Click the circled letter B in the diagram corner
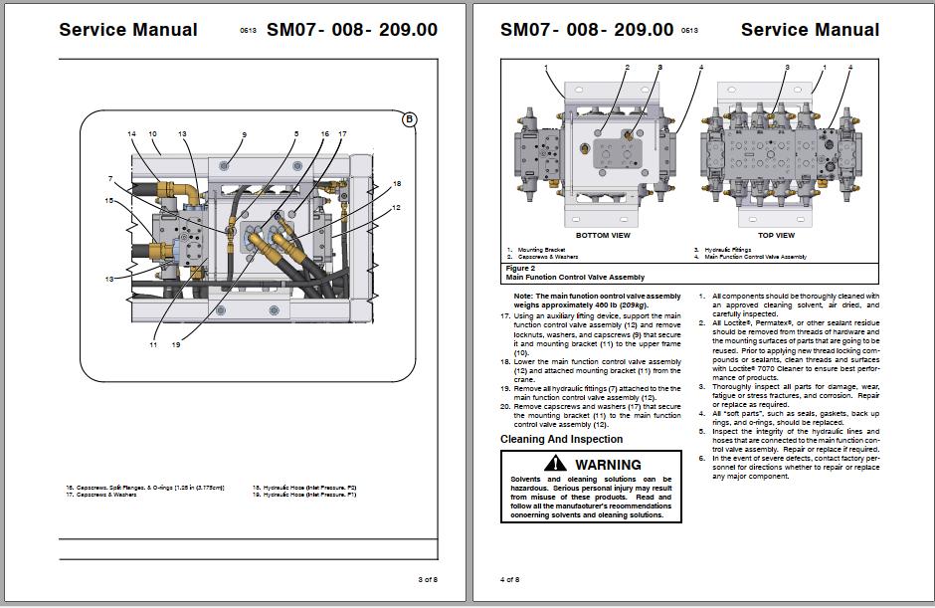409,120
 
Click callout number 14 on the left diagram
131,133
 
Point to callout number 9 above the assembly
244,134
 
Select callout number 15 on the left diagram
109,201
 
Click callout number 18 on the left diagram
397,184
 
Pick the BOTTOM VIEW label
603,236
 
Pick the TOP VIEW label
777,236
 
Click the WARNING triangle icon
554,465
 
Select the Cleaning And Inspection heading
561,439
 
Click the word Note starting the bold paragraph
523,297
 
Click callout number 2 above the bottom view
628,68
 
